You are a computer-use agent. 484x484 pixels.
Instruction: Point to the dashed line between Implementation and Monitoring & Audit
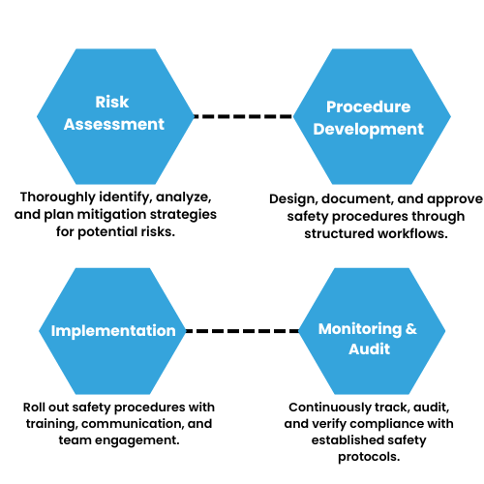240,331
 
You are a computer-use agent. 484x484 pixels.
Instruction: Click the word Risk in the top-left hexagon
112,103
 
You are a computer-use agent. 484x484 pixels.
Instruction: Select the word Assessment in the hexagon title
114,124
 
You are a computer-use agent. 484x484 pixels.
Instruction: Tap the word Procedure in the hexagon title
368,106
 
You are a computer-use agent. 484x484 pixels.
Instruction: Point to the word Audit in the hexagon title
368,349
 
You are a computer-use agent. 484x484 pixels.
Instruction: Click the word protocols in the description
368,456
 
